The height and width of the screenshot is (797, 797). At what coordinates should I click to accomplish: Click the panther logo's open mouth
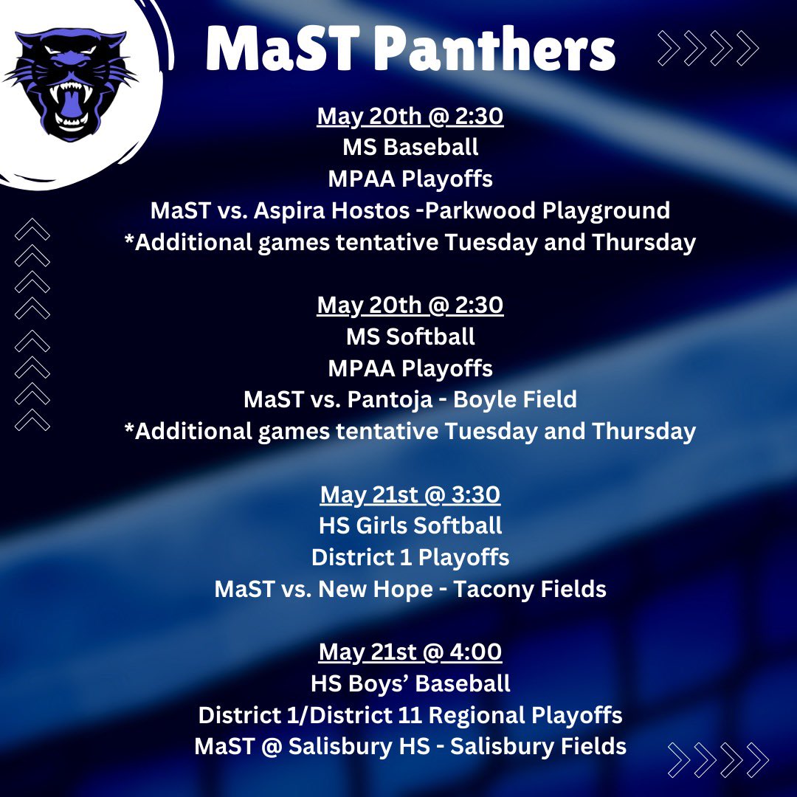click(72, 111)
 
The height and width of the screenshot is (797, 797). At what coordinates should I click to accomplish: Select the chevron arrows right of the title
click(708, 49)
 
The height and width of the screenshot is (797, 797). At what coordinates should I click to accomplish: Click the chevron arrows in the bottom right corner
click(718, 760)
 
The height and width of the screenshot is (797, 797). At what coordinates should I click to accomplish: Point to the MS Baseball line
click(410, 147)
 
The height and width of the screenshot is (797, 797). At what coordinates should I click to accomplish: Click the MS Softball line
click(410, 337)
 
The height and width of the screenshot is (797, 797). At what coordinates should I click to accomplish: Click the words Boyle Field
click(514, 400)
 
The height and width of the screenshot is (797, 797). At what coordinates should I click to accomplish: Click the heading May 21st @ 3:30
click(410, 495)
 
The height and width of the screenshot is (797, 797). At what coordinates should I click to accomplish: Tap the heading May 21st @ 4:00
click(410, 652)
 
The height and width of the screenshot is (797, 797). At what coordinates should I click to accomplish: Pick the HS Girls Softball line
click(410, 526)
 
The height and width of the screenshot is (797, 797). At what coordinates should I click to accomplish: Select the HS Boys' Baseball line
click(410, 683)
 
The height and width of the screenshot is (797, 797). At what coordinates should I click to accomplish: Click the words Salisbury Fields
click(538, 746)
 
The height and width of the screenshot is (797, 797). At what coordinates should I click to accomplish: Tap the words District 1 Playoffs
click(410, 557)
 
